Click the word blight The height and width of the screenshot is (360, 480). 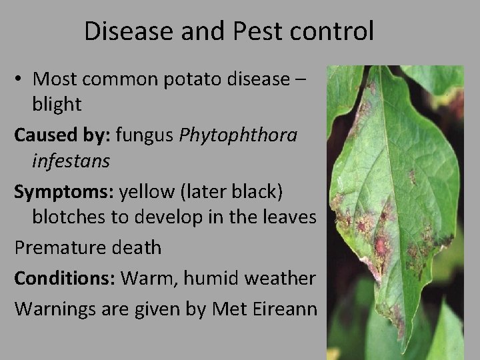(57, 103)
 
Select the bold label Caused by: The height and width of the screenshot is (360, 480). (62, 135)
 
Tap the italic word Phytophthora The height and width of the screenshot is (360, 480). (239, 135)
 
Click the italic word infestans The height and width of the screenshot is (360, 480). (71, 161)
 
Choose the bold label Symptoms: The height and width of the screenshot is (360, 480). (64, 192)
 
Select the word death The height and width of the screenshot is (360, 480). (138, 247)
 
